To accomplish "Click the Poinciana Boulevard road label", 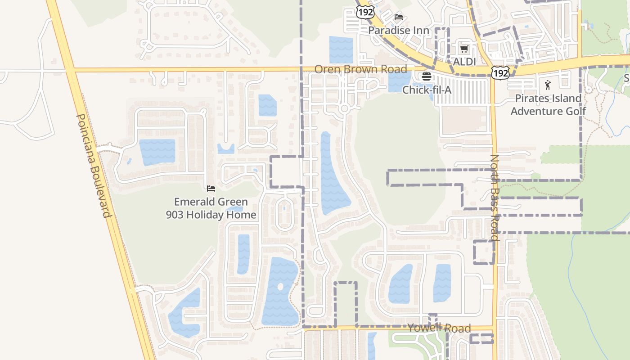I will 93,165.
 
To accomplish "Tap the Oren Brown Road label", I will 360,69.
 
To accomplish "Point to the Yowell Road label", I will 439,328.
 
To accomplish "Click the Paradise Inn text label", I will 399,31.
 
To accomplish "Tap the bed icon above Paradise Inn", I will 399,17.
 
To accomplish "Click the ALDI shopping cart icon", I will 464,49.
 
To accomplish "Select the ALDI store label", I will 464,61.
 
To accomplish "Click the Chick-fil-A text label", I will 427,90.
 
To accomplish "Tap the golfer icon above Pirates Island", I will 548,85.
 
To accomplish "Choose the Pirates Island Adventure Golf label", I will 548,104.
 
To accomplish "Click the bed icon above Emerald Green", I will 211,189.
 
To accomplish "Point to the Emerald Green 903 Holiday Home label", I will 211,208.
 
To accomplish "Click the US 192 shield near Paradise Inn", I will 365,12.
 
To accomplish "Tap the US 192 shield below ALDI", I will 500,72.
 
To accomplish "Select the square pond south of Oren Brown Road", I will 267,105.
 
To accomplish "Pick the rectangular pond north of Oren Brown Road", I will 341,49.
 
